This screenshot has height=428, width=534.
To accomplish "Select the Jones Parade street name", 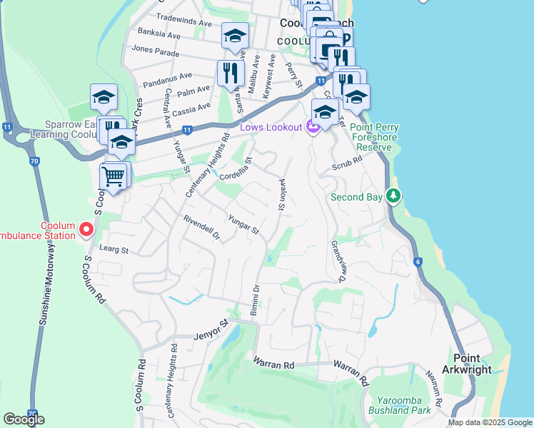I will (155, 51).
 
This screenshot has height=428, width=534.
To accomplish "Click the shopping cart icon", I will (114, 177).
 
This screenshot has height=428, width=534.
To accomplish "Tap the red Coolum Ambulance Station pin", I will (86, 229).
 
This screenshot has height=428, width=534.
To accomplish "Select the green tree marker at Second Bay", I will (392, 195).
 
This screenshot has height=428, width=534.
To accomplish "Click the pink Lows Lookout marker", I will (313, 128).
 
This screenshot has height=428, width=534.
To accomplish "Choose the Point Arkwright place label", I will (473, 362).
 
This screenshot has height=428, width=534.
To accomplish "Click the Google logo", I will (24, 419).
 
